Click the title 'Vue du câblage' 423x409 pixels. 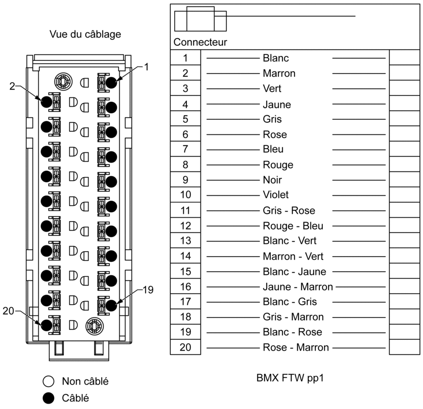click(x=85, y=34)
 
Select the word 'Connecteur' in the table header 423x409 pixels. click(x=200, y=42)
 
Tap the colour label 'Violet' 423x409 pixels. click(x=276, y=194)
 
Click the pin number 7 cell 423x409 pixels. click(x=185, y=149)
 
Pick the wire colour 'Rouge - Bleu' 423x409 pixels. click(x=293, y=226)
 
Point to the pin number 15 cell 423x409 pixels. click(x=185, y=271)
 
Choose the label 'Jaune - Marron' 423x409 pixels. click(x=298, y=287)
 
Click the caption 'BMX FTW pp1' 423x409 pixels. click(x=290, y=378)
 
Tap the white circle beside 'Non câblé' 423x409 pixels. click(x=49, y=381)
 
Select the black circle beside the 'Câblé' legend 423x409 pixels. click(x=49, y=398)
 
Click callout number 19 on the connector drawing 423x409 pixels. click(x=148, y=290)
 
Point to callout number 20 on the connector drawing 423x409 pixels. click(x=8, y=311)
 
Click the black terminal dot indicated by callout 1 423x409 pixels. click(x=111, y=83)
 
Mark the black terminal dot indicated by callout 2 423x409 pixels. click(x=46, y=102)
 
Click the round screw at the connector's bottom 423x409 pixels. click(x=94, y=326)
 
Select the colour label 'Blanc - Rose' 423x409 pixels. click(x=293, y=332)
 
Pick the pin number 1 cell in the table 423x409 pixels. click(x=185, y=57)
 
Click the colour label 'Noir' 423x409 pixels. click(x=272, y=180)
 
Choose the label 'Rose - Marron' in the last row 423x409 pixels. click(x=296, y=347)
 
